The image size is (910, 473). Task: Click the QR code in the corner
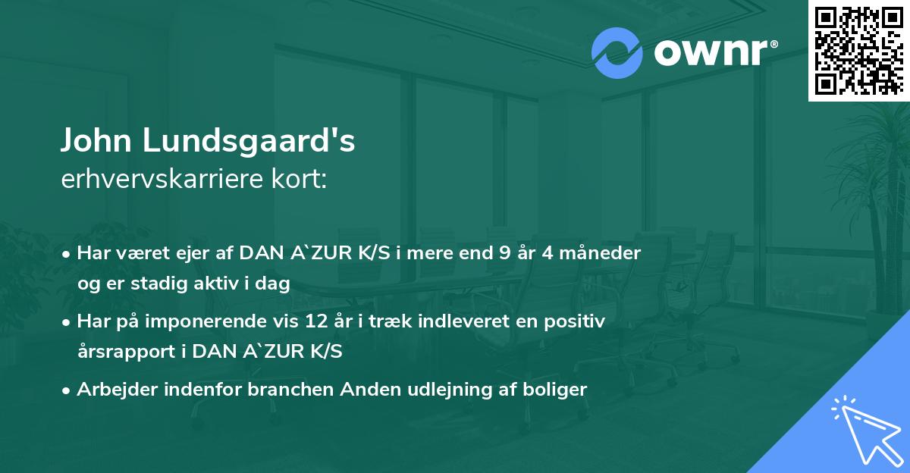point(858,50)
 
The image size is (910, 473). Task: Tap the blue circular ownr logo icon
point(617,52)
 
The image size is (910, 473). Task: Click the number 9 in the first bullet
point(504,253)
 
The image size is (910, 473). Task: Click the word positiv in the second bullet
point(579,321)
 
